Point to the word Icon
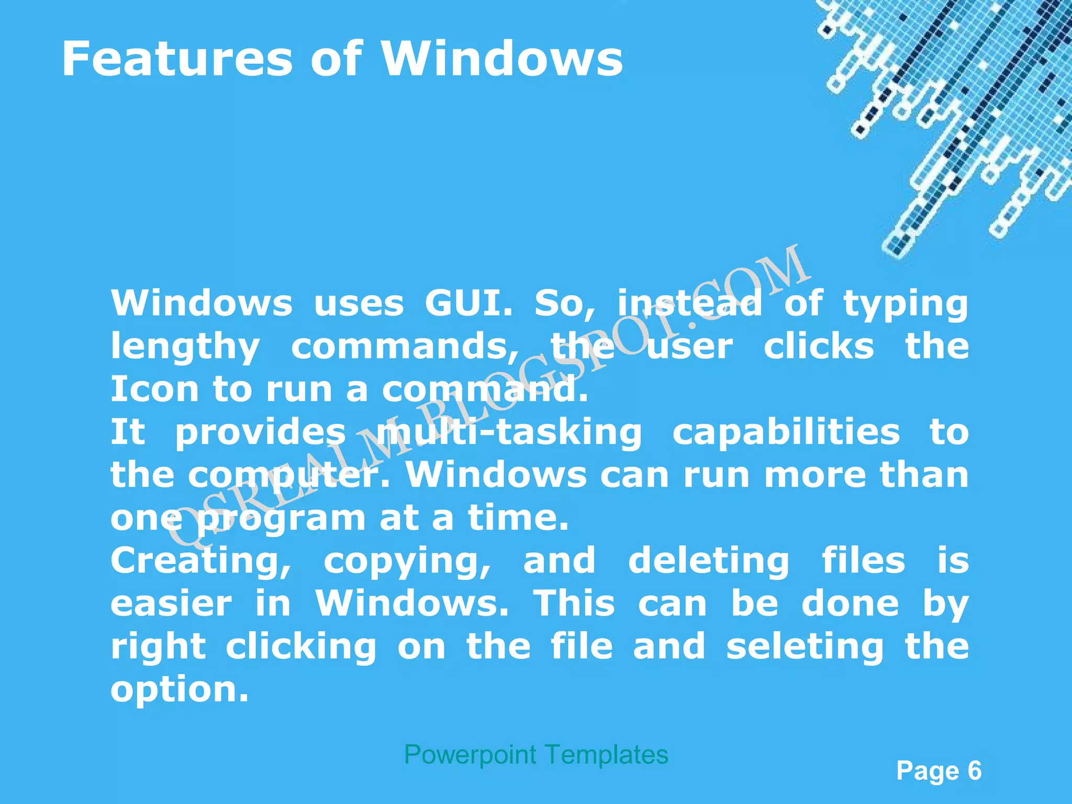click(154, 389)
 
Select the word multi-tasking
click(509, 433)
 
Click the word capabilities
click(786, 432)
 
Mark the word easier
click(171, 604)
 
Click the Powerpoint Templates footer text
click(536, 755)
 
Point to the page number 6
click(974, 770)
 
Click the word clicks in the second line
click(819, 347)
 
